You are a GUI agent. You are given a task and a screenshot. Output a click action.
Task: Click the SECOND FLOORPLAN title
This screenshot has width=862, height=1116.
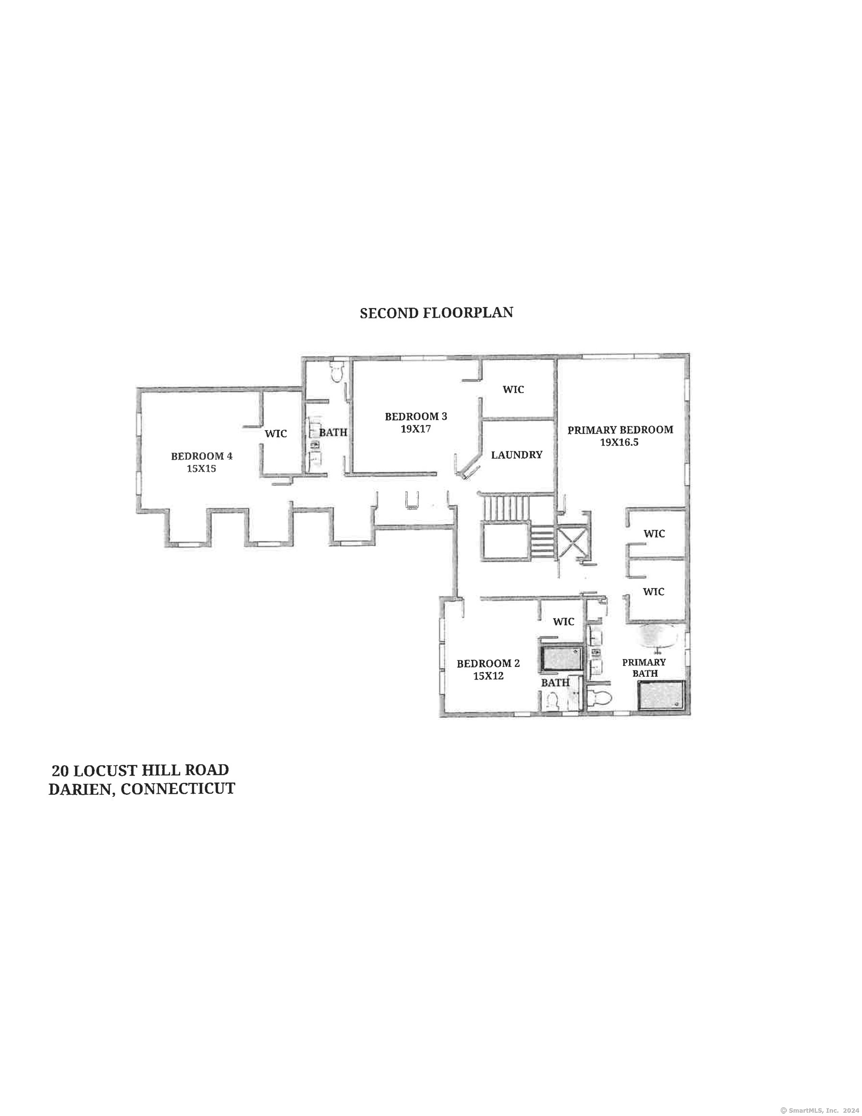(x=436, y=313)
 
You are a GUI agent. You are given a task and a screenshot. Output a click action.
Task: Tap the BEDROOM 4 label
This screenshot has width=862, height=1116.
(x=201, y=456)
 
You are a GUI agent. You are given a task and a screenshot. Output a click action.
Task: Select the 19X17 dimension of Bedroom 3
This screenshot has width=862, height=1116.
(x=416, y=429)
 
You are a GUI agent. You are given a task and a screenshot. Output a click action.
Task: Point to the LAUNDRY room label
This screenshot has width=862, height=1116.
(x=517, y=455)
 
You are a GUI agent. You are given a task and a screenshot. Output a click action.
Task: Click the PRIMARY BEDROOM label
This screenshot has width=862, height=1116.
(x=620, y=430)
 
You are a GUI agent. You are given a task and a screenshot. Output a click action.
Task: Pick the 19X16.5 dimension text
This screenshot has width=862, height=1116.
(x=619, y=443)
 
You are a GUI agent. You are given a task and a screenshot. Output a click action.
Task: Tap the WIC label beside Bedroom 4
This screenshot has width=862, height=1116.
(x=276, y=434)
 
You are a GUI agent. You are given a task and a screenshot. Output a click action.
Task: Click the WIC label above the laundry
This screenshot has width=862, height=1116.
(x=513, y=389)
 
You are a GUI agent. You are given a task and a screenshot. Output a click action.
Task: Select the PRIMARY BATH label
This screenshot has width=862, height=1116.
(x=644, y=667)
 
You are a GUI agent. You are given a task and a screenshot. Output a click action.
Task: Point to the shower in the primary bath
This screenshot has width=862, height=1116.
(x=661, y=695)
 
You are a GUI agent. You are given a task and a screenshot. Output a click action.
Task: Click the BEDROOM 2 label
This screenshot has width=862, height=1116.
(x=488, y=663)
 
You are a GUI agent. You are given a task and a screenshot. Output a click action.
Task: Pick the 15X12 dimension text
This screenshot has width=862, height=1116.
(x=488, y=676)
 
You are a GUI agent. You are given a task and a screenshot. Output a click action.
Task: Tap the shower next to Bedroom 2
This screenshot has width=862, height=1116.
(x=562, y=659)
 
